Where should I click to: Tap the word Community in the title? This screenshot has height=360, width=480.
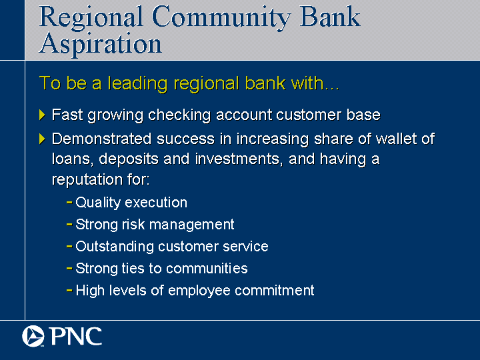pos(221,18)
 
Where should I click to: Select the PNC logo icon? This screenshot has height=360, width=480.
pos(33,336)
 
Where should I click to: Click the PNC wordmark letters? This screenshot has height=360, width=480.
pos(75,337)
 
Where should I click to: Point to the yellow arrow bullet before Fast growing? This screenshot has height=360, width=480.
pos(42,115)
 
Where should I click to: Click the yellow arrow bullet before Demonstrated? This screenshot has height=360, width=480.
pos(42,139)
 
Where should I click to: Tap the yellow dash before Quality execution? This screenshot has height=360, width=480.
pos(69,203)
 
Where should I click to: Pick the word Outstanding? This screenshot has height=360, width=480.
pos(115,247)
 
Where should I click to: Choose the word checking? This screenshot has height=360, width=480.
pos(179,115)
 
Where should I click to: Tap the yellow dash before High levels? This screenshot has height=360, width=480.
pos(69,290)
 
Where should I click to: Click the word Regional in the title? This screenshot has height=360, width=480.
pos(91,18)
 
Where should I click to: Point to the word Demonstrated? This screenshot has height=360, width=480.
pos(101,139)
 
